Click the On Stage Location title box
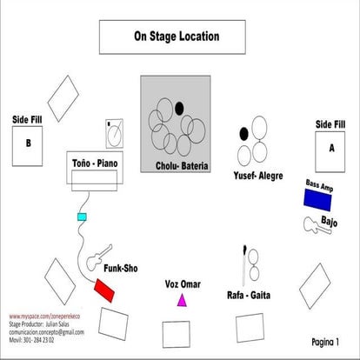click(177, 37)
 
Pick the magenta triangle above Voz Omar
click(182, 300)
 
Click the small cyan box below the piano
click(83, 217)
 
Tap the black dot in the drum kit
click(179, 109)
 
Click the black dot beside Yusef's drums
click(244, 134)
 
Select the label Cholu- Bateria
click(182, 165)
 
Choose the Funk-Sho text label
click(123, 268)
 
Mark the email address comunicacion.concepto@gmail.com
click(47, 332)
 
